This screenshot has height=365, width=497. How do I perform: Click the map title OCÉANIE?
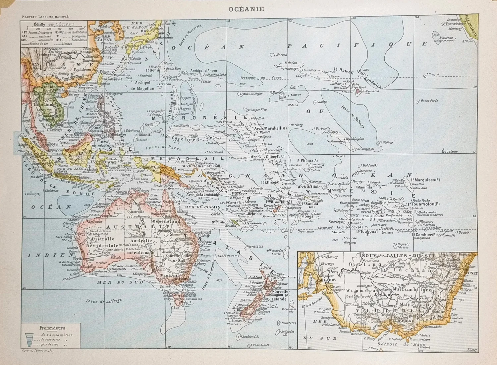(x=246, y=9)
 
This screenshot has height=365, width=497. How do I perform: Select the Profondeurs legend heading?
(x=52, y=328)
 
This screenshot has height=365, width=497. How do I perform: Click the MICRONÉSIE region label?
(x=199, y=117)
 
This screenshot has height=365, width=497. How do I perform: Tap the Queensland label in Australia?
(x=166, y=221)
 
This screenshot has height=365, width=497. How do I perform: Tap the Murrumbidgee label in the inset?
(x=413, y=290)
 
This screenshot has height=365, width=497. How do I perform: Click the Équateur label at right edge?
(x=450, y=151)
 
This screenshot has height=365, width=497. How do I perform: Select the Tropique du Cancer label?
(x=261, y=78)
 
